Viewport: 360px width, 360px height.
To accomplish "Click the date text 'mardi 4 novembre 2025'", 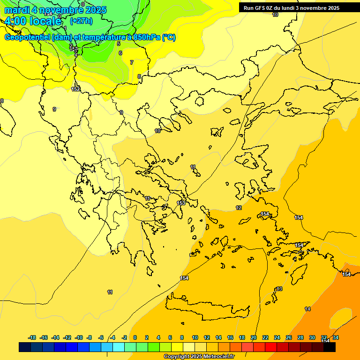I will coord(55,10).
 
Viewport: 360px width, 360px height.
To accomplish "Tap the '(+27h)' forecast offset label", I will coord(81,21).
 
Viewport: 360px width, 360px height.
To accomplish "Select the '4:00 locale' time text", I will coord(33,21).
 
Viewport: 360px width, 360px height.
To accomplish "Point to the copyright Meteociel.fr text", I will coord(199,357).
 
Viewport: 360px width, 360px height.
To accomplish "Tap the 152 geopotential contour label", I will coord(75,89).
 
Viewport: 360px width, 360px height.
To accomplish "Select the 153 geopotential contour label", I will coord(181,203).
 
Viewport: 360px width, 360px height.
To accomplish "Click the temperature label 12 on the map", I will coord(239,208).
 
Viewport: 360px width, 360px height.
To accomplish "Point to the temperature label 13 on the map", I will coord(279,289).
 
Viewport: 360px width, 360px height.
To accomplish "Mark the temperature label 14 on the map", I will coord(307,309).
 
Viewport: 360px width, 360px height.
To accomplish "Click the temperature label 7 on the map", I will coord(132,62).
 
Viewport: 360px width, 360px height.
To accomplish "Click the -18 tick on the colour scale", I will coord(32,337).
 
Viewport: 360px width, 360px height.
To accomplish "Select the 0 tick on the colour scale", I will coord(135,337).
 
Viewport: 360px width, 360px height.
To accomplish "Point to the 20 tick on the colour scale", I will coord(254,337).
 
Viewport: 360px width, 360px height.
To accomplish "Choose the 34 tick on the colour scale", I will coord(336,337).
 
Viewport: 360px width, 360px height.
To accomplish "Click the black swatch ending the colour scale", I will coord(330,347).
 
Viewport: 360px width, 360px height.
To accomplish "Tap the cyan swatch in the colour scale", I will coord(119,347).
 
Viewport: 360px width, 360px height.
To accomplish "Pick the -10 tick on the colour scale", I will coord(79,337).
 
